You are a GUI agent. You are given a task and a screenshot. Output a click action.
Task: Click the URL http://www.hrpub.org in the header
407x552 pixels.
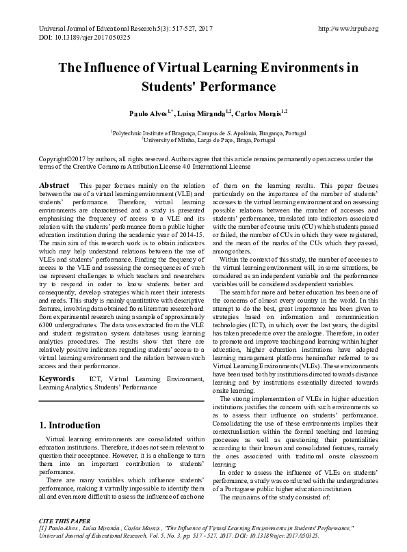(x=348, y=28)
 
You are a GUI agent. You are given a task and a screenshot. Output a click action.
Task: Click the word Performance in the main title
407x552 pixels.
(x=237, y=87)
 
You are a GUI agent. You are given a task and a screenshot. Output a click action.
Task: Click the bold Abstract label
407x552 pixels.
(x=54, y=186)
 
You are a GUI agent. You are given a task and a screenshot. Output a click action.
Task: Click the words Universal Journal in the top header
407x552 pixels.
(x=57, y=28)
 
